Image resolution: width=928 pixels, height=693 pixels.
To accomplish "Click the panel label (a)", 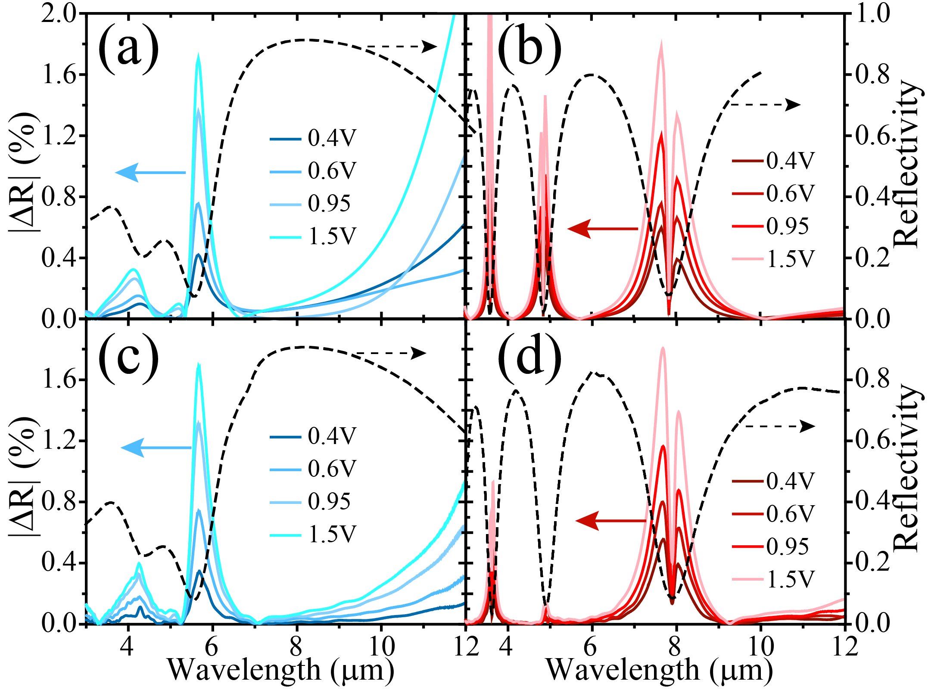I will point(128,48).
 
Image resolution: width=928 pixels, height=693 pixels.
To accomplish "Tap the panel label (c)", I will point(128,357).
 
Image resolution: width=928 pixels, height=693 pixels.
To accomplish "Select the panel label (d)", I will point(529,357).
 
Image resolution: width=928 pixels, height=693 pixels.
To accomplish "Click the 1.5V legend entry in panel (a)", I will point(314,236).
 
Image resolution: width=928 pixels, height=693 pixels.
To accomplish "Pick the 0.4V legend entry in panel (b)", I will point(773,161).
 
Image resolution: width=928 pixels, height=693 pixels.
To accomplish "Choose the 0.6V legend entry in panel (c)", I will point(314,469).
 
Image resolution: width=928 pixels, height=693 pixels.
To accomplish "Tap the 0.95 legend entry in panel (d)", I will point(770,547).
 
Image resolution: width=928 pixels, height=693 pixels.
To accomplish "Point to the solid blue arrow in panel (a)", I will point(151,172).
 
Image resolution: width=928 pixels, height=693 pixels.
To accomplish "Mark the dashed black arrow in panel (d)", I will point(780,426).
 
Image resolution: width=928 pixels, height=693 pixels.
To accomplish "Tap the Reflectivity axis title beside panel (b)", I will point(907,164).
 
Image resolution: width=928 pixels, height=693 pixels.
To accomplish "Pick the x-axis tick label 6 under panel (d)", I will point(591,646).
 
